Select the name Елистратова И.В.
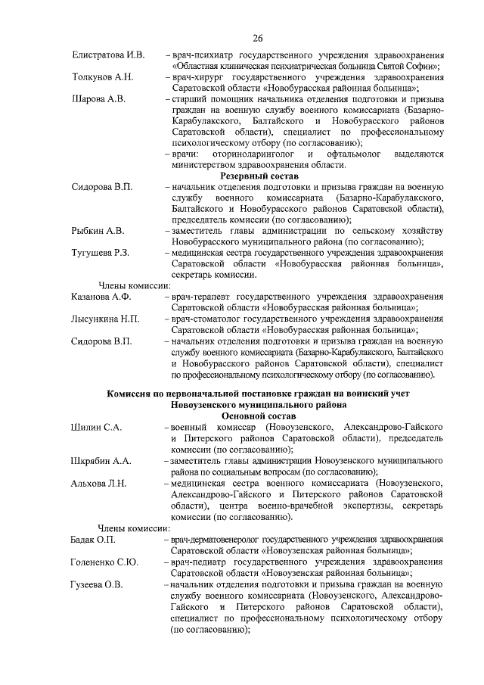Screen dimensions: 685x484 click(x=108, y=55)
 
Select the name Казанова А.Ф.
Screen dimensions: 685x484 click(x=101, y=297)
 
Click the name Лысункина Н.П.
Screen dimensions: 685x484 click(x=105, y=319)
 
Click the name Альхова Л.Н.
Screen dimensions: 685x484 click(x=99, y=483)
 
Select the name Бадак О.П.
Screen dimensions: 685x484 click(x=94, y=539)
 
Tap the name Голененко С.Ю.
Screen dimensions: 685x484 click(x=105, y=562)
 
